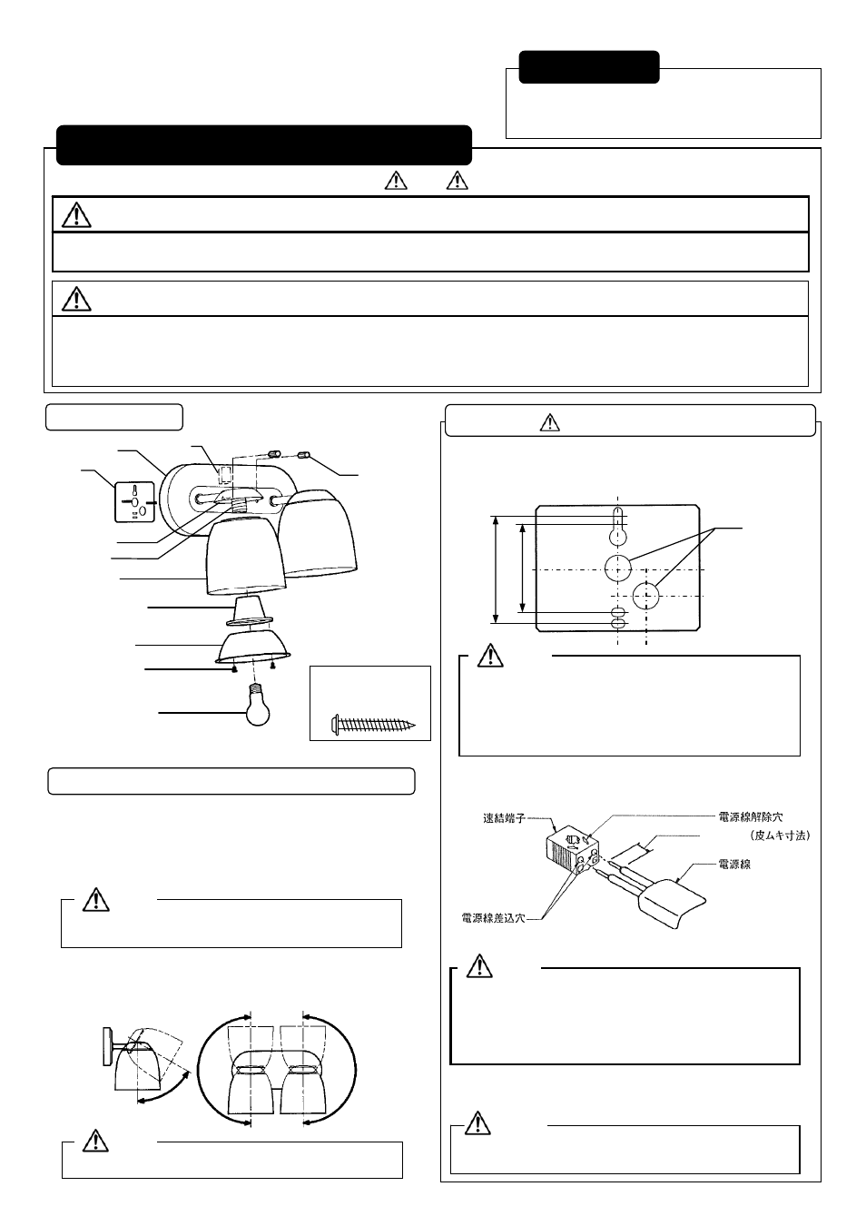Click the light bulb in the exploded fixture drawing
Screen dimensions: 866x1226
pos(258,707)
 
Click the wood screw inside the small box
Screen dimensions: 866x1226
pos(373,725)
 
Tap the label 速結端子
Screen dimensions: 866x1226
pos(504,818)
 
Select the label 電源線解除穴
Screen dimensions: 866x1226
pos(750,817)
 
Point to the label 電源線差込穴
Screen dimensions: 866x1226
pos(494,918)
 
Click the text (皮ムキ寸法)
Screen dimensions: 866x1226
pos(780,835)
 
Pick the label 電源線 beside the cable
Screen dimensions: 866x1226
pos(734,865)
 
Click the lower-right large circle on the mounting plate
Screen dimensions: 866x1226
pos(646,596)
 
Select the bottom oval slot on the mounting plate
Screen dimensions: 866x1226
pos(617,623)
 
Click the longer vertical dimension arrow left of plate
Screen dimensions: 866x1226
pos(496,569)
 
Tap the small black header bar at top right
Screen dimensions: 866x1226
pos(588,67)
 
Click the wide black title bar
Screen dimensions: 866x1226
pos(263,145)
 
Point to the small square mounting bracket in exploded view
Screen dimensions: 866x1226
pos(134,502)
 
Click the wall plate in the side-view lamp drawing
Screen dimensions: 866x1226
pos(107,1046)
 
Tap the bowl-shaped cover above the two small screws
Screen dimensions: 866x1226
pos(254,647)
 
